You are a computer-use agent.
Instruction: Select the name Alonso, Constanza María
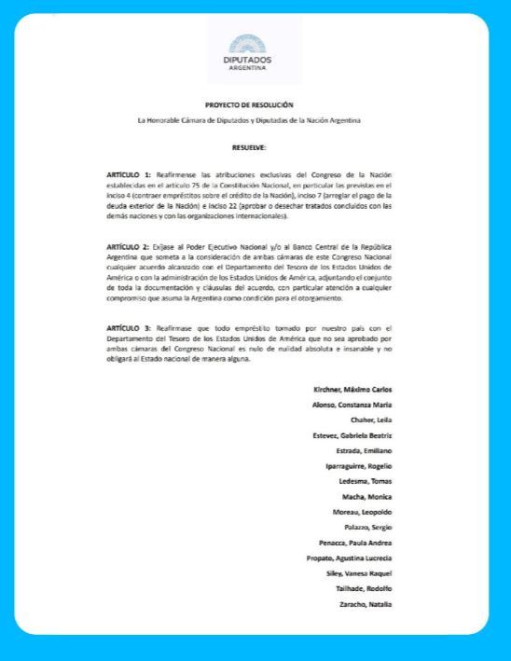[352, 405]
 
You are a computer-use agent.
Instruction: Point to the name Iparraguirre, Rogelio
[358, 466]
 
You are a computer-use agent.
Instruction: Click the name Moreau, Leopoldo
[363, 513]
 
